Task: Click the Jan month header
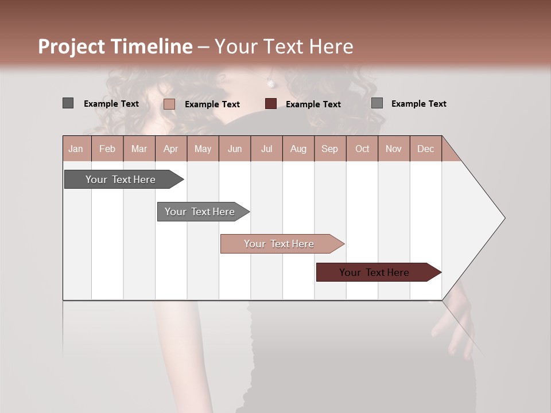[76, 149]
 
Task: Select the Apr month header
[170, 149]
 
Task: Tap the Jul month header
[266, 149]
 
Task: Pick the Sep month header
[329, 149]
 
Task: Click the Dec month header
[425, 149]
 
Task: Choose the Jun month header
[235, 149]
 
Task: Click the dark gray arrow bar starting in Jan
[121, 180]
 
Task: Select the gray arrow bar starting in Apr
[200, 212]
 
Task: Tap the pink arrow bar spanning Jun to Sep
[279, 244]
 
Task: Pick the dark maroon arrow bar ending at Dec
[374, 272]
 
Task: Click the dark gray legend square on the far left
[68, 103]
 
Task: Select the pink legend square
[169, 104]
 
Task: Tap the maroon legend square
[271, 104]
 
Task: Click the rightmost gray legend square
[377, 103]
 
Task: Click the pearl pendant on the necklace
[270, 84]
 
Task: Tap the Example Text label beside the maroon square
[313, 104]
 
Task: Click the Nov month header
[394, 149]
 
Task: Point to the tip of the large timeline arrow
[504, 218]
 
